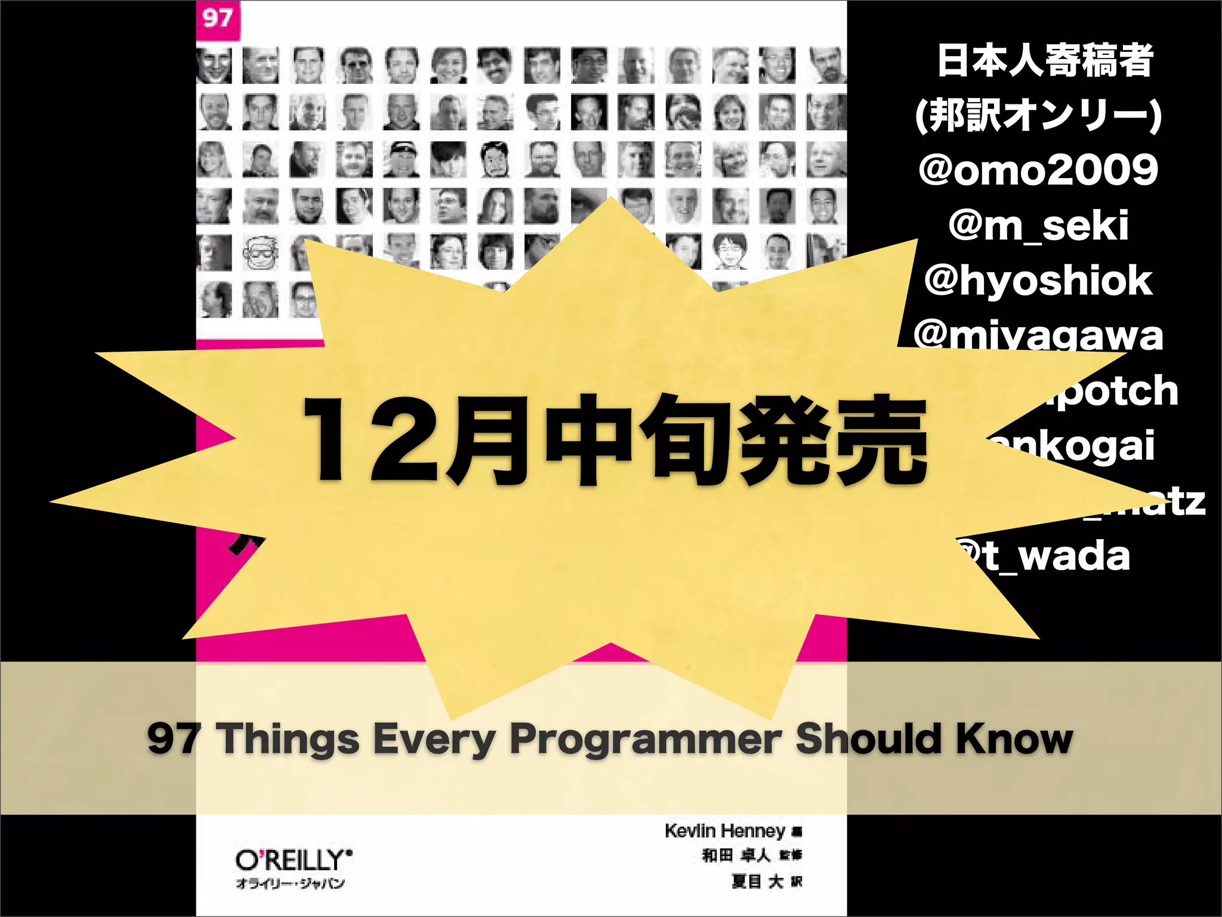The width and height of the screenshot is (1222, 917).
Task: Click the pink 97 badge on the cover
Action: (x=218, y=19)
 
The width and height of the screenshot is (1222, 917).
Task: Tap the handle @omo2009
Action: (x=1038, y=170)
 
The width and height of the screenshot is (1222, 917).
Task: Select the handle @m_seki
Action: (x=1038, y=226)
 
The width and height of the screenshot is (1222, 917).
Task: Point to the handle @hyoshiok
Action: (x=1038, y=281)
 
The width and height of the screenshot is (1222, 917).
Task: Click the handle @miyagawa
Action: (x=1038, y=335)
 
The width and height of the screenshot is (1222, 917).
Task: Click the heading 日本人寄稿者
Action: (x=1044, y=61)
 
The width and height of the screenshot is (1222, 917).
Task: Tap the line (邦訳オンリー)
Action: (x=1038, y=115)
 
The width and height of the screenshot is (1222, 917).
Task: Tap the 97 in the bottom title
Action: (x=174, y=739)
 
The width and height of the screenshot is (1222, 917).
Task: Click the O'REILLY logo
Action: (x=292, y=860)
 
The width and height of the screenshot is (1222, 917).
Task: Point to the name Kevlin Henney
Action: (x=725, y=830)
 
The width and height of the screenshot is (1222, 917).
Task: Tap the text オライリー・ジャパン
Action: (x=290, y=884)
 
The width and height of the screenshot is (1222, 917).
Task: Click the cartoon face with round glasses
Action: (x=261, y=254)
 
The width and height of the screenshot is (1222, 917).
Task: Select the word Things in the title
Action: (x=290, y=739)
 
